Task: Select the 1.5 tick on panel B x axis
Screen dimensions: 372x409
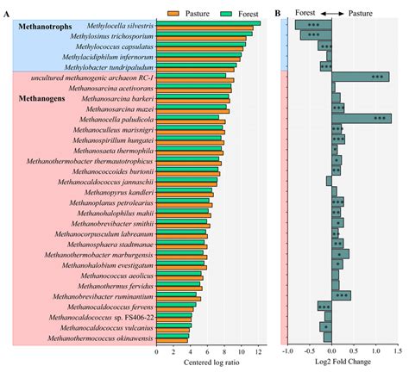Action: (399, 352)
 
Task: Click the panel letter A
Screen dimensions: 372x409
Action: (8, 11)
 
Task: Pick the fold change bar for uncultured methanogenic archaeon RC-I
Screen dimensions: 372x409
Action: (361, 77)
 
